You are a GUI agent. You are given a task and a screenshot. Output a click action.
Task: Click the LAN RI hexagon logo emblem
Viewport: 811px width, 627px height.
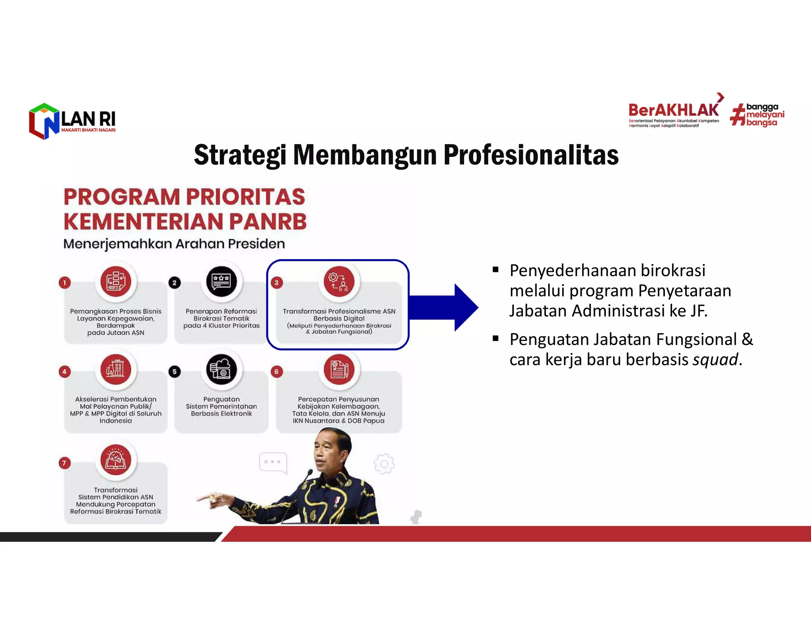click(x=44, y=121)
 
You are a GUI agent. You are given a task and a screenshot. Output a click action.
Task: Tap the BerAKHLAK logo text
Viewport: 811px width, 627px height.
click(x=673, y=110)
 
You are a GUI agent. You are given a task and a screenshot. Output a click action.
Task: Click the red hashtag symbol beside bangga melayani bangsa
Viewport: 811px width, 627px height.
click(x=737, y=115)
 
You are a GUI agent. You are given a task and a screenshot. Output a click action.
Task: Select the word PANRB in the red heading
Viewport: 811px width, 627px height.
click(x=268, y=222)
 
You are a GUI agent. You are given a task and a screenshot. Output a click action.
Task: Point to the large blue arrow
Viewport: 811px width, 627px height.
click(x=444, y=307)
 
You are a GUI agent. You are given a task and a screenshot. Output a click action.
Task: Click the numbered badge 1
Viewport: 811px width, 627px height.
click(x=65, y=283)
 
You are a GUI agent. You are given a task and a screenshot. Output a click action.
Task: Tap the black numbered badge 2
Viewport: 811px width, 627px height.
click(x=174, y=283)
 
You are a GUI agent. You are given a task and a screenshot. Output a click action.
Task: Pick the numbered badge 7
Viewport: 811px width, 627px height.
click(x=65, y=463)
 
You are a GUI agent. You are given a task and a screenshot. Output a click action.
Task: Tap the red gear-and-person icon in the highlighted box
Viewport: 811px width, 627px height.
click(x=339, y=281)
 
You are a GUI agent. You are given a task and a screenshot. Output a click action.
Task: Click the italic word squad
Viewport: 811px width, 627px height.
click(x=715, y=360)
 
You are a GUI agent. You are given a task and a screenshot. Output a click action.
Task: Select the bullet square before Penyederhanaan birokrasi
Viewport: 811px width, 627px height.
click(x=495, y=270)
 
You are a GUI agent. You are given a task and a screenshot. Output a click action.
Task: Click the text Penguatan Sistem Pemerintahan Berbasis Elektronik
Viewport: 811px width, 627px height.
click(x=221, y=406)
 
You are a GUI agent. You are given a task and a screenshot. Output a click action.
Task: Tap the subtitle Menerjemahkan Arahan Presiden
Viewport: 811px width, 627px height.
click(x=174, y=244)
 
